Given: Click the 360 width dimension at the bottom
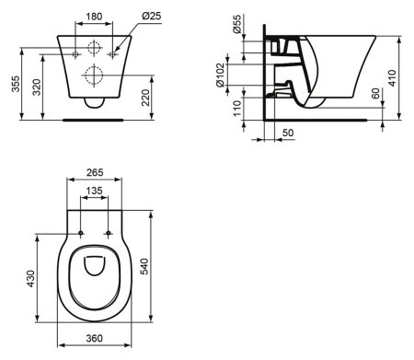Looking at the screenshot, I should [95, 339].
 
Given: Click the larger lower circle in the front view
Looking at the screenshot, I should [95, 74].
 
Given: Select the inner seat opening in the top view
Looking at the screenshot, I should [95, 268].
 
